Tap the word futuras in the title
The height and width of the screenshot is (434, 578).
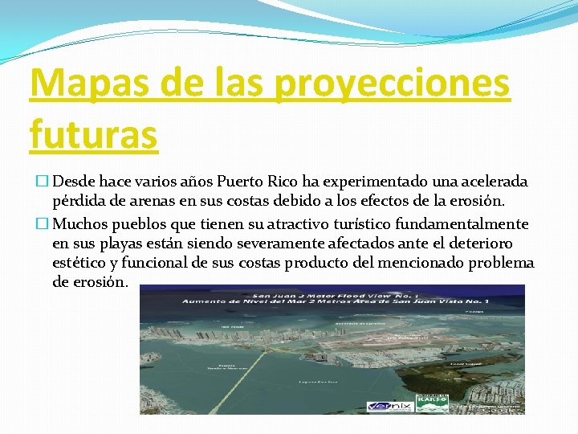pyautogui.click(x=93, y=133)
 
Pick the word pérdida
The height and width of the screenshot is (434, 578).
pyautogui.click(x=80, y=203)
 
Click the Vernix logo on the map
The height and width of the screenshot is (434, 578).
pyautogui.click(x=392, y=406)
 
